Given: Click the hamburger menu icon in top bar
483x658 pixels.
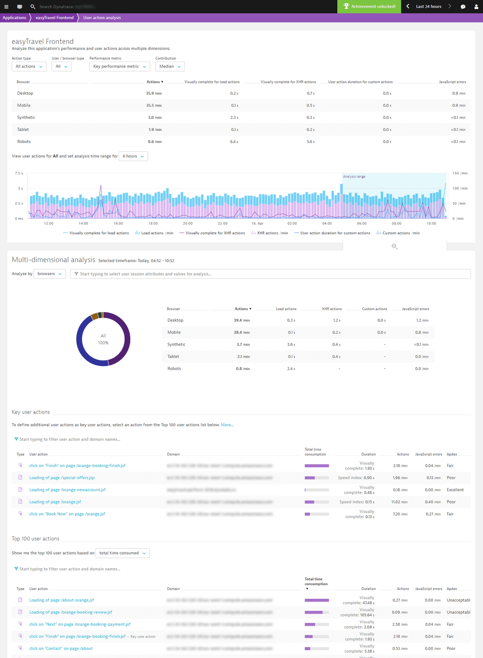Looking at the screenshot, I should (6, 6).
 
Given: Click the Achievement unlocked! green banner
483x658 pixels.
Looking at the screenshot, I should (369, 6).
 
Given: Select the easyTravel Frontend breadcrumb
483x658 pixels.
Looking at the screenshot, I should (54, 18).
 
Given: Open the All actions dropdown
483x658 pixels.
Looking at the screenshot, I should (29, 66).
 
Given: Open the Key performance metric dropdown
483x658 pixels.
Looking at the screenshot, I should (120, 66).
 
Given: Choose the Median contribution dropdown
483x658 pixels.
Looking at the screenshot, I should (170, 66).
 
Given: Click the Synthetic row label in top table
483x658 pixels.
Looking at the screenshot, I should (26, 118).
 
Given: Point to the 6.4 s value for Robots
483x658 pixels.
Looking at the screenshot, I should (234, 142).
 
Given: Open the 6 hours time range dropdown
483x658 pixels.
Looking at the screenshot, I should (133, 156).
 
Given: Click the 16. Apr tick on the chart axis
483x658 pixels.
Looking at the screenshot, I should (257, 223).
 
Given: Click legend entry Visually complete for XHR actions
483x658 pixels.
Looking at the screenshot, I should (215, 233).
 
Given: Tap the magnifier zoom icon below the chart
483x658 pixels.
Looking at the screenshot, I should (394, 246).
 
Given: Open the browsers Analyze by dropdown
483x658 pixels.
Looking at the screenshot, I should (50, 274).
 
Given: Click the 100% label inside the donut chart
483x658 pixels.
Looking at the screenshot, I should (103, 343).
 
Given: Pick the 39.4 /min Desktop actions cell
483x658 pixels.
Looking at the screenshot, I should (242, 321).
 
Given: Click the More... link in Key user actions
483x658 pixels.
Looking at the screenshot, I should (227, 425).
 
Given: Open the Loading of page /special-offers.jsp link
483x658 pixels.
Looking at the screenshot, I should (62, 478).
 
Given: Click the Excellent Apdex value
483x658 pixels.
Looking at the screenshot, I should (455, 490).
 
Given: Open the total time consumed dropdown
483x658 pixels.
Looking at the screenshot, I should (122, 553).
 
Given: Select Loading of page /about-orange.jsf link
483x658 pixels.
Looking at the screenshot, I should (62, 600).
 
